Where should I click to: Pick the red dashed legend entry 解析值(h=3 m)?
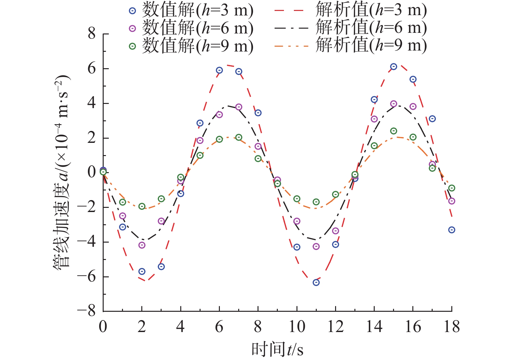coord(351,11)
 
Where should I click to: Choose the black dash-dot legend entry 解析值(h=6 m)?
coord(351,28)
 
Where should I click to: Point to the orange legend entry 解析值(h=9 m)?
coord(351,46)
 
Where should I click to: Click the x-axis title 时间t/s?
coord(277,349)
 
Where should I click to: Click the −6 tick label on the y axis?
coord(87,277)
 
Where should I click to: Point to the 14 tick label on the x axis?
coord(374,327)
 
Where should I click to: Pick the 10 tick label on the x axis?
coord(296,327)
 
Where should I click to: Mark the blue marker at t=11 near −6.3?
coord(316,282)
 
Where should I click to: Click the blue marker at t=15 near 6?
coord(393,67)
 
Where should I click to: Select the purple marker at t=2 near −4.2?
coord(142,245)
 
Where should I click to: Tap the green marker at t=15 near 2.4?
coord(393,131)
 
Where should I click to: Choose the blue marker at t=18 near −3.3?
coord(452,230)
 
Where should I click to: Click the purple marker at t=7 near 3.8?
coord(239,107)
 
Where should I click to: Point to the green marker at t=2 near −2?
coord(142,206)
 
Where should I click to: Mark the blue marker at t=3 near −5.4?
coord(161,267)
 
